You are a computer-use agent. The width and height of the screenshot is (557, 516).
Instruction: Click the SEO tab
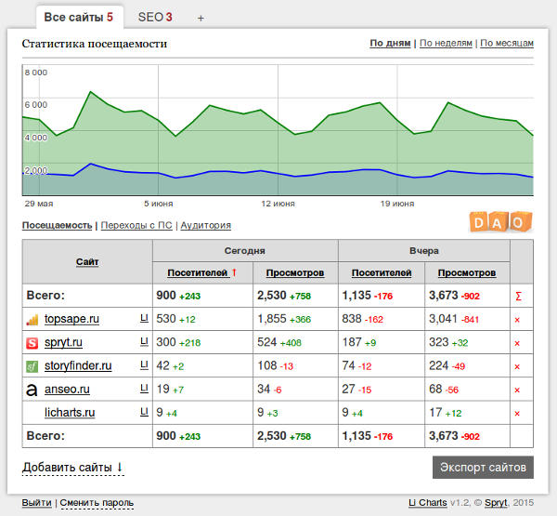[x=155, y=17]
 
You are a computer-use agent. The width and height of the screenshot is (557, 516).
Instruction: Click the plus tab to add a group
[x=201, y=18]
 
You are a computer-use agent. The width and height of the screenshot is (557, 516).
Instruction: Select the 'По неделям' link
[x=446, y=43]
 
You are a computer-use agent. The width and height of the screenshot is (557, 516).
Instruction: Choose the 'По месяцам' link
[x=507, y=43]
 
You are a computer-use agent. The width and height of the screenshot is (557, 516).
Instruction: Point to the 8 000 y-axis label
[x=35, y=73]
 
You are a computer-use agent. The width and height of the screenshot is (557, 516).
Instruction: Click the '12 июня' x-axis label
[x=278, y=203]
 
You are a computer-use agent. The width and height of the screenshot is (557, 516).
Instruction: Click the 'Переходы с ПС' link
[x=136, y=225]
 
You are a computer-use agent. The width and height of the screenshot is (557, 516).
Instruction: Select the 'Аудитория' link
[x=205, y=225]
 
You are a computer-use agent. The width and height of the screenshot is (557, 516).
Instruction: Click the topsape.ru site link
[x=71, y=319]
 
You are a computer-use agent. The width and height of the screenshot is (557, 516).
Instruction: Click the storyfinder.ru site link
[x=78, y=365]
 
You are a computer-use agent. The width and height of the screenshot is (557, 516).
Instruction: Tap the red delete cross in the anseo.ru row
[x=517, y=390]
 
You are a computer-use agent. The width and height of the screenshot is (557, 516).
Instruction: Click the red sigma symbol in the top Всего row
[x=517, y=296]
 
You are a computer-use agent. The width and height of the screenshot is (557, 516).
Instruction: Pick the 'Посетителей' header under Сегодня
[x=197, y=272]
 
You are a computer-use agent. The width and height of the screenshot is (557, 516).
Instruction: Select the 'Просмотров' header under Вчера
[x=467, y=272]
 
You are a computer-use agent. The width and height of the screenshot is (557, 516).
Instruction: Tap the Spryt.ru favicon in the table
[x=32, y=343]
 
